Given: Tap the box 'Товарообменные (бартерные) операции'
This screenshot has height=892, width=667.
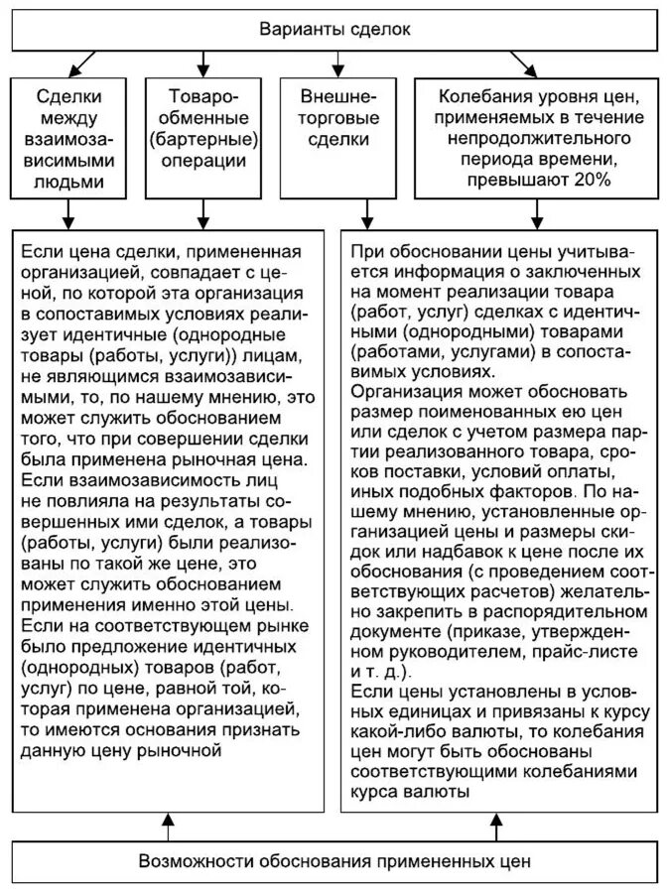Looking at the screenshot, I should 203,129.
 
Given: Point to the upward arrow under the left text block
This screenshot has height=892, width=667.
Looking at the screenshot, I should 169,820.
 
